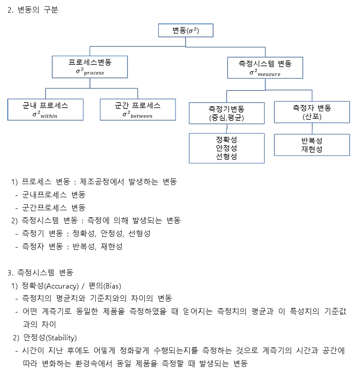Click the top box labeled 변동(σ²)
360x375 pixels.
point(185,31)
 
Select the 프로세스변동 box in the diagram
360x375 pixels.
point(90,67)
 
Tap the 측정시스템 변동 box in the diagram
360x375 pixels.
point(264,68)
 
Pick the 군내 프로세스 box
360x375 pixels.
point(45,110)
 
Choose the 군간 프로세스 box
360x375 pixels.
point(137,110)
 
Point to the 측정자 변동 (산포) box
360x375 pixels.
point(312,112)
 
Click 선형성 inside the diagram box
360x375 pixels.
point(227,156)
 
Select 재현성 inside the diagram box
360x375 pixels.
point(312,149)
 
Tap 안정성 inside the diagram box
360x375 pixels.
point(227,148)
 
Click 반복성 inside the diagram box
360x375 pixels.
point(312,140)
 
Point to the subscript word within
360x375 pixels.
point(49,116)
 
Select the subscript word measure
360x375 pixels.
point(269,74)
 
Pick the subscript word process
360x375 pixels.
point(93,72)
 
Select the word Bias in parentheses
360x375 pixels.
point(111,285)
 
